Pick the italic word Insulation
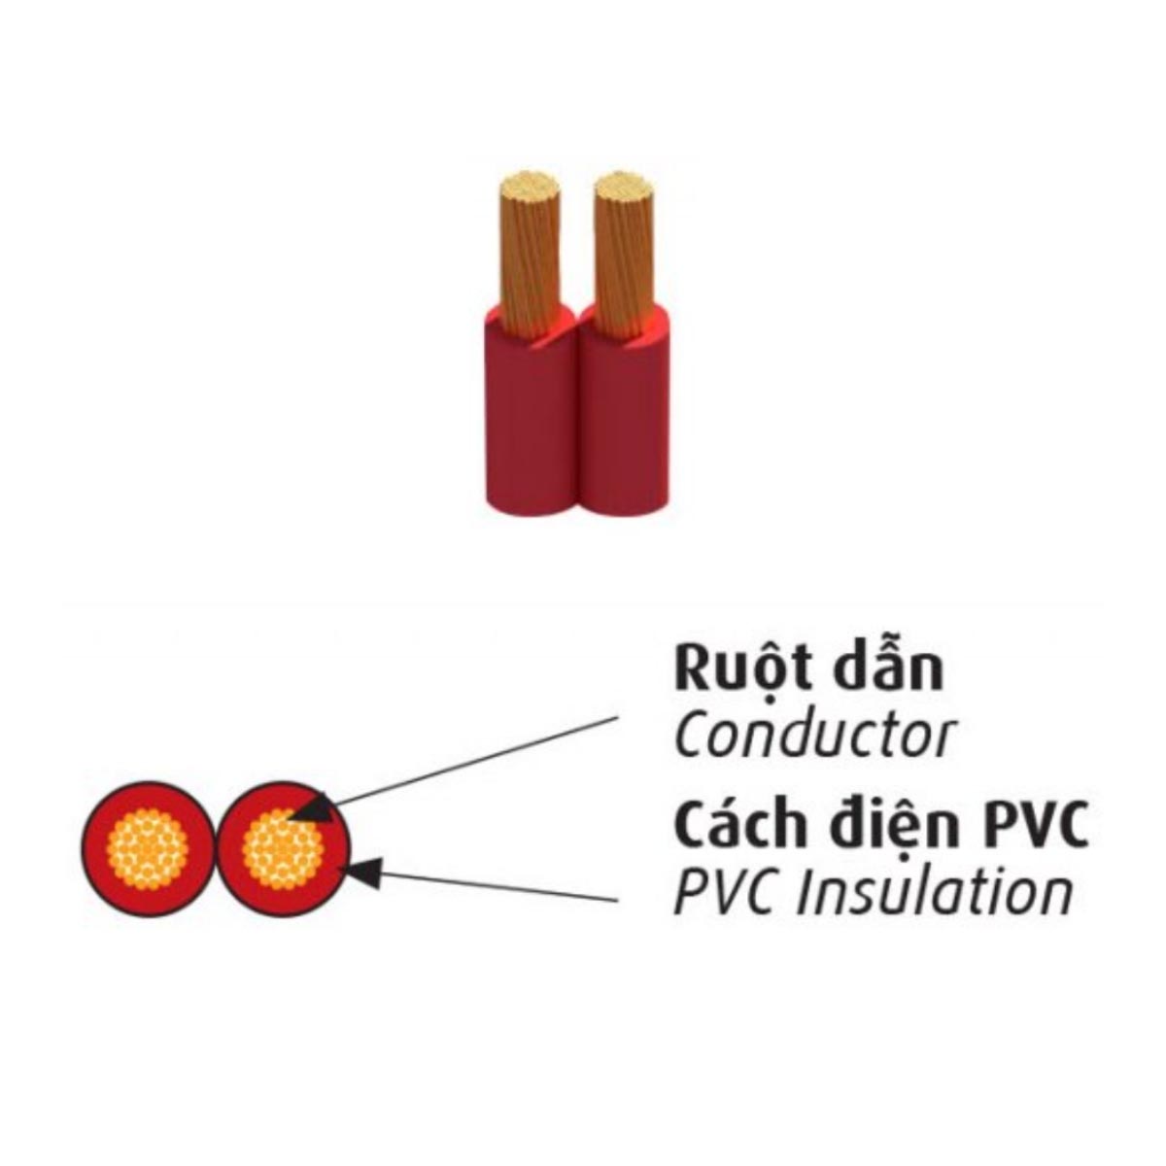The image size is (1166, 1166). tap(934, 891)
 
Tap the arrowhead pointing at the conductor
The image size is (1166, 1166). tap(309, 806)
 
